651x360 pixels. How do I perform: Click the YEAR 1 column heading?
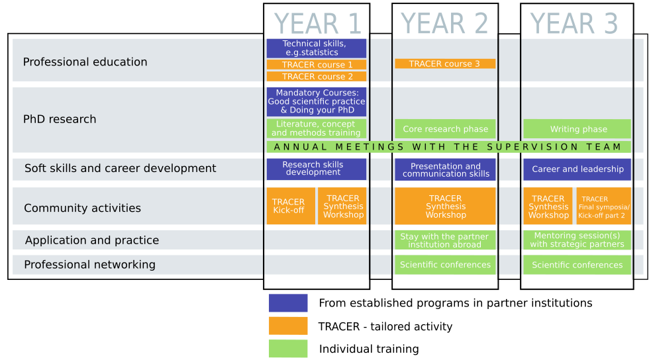pyautogui.click(x=317, y=24)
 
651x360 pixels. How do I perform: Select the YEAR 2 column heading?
pyautogui.click(x=444, y=24)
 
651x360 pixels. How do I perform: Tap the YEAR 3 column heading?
pyautogui.click(x=574, y=24)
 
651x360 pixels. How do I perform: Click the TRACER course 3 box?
pyautogui.click(x=445, y=64)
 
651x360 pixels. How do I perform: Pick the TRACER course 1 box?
pyautogui.click(x=317, y=65)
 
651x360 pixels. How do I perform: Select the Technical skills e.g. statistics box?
pyautogui.click(x=317, y=48)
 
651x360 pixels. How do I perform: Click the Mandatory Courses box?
pyautogui.click(x=317, y=102)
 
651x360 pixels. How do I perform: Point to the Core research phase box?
pyautogui.click(x=445, y=129)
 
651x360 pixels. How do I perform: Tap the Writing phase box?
pyautogui.click(x=577, y=129)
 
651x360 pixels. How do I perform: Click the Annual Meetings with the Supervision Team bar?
pyautogui.click(x=448, y=147)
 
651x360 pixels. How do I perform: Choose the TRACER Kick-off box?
pyautogui.click(x=289, y=206)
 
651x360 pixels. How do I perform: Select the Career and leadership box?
pyautogui.click(x=577, y=169)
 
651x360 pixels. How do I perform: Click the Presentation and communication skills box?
pyautogui.click(x=445, y=170)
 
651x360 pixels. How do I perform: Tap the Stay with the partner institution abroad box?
pyautogui.click(x=445, y=240)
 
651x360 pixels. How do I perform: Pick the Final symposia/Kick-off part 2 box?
pyautogui.click(x=604, y=206)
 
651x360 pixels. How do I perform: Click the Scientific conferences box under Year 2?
pyautogui.click(x=445, y=265)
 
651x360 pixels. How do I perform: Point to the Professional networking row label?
pyautogui.click(x=89, y=265)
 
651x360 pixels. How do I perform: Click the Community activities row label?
pyautogui.click(x=82, y=208)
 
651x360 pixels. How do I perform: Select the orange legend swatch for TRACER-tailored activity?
pyautogui.click(x=288, y=326)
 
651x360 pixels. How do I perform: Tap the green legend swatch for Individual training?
pyautogui.click(x=288, y=349)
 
